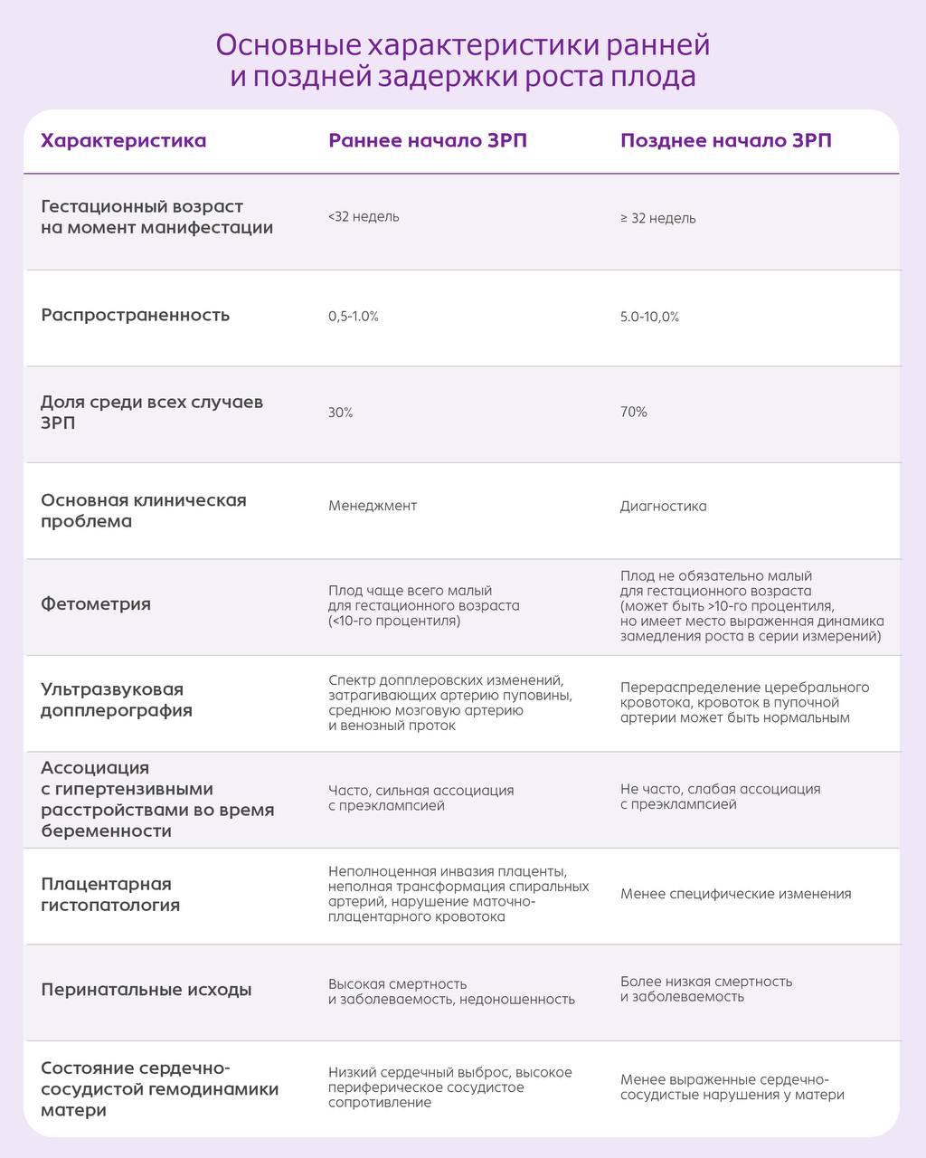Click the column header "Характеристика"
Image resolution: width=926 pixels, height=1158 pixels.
point(124,141)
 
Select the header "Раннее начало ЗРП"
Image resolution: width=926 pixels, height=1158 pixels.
point(427,141)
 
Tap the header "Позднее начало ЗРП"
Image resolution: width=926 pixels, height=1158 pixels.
point(725,141)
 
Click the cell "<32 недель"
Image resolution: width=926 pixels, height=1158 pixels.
point(364,217)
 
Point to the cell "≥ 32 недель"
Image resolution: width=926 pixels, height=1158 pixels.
point(657,218)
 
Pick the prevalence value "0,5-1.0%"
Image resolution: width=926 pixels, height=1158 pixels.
point(353,317)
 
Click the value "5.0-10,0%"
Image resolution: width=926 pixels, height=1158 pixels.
point(649,317)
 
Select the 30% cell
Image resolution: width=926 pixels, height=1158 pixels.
point(341,413)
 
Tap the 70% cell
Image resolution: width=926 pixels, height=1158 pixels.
point(634,412)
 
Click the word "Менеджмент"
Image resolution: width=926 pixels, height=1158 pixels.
point(373,506)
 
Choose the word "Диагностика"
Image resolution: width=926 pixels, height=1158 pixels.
point(663,507)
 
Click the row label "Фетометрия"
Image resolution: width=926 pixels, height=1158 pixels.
point(96,603)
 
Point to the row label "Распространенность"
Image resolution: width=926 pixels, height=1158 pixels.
point(136,315)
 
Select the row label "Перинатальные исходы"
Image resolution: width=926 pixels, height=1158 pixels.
point(146,990)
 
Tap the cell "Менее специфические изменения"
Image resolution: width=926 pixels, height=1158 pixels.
point(735,894)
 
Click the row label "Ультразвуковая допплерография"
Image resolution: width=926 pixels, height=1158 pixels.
point(117,699)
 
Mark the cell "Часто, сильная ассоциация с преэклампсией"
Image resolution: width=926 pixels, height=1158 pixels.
point(420,797)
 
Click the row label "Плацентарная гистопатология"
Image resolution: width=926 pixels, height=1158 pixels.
point(110,894)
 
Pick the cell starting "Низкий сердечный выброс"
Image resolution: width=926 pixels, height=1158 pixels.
point(449,1087)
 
